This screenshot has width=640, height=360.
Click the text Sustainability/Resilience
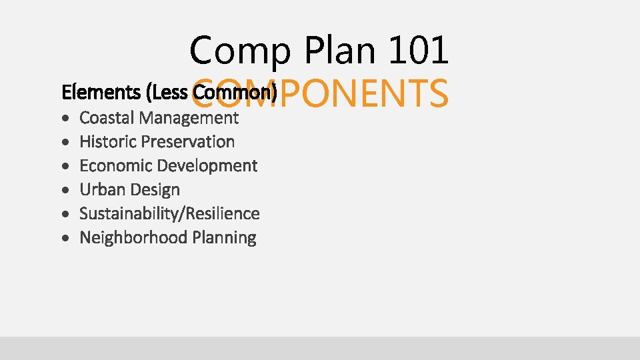[x=169, y=214]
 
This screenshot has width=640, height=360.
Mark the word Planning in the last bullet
[x=223, y=238]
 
